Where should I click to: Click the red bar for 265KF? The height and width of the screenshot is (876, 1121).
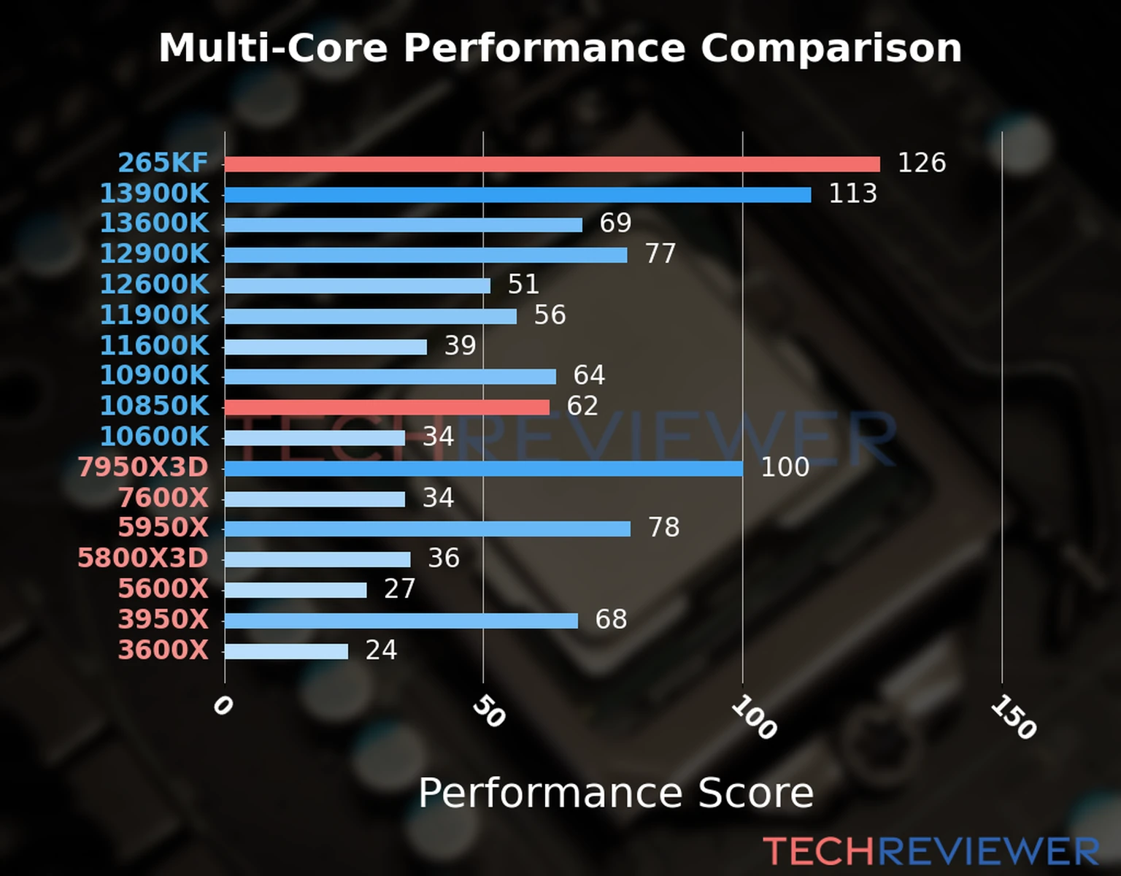coord(552,164)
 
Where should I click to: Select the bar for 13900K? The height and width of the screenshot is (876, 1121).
coord(517,195)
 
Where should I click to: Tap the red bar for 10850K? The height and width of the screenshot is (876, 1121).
coord(387,407)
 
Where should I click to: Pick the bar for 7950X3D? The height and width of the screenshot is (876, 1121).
coord(483,468)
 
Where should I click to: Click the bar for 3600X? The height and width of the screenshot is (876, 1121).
coord(286,651)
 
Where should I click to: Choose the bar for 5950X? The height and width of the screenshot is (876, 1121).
coord(427,529)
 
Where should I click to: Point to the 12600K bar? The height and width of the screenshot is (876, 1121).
coord(357,285)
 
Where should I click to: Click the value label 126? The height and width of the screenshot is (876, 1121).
coord(921,163)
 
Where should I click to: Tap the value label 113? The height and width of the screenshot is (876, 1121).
coord(852,193)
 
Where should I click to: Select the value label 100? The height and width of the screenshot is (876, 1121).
coord(785,467)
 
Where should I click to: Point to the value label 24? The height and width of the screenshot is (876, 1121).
coord(381,650)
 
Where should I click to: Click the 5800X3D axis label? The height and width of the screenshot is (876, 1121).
coord(143,558)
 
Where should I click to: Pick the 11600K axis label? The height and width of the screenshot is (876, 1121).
coord(154,345)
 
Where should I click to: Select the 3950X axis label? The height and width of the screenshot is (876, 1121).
coord(163,620)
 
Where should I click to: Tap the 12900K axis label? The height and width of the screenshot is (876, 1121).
coord(154,254)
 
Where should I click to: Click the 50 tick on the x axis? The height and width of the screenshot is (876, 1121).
coord(488,712)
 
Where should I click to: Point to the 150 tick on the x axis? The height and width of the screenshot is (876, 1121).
coord(1013,717)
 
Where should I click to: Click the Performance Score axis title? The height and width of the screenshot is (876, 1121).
coord(615,793)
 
